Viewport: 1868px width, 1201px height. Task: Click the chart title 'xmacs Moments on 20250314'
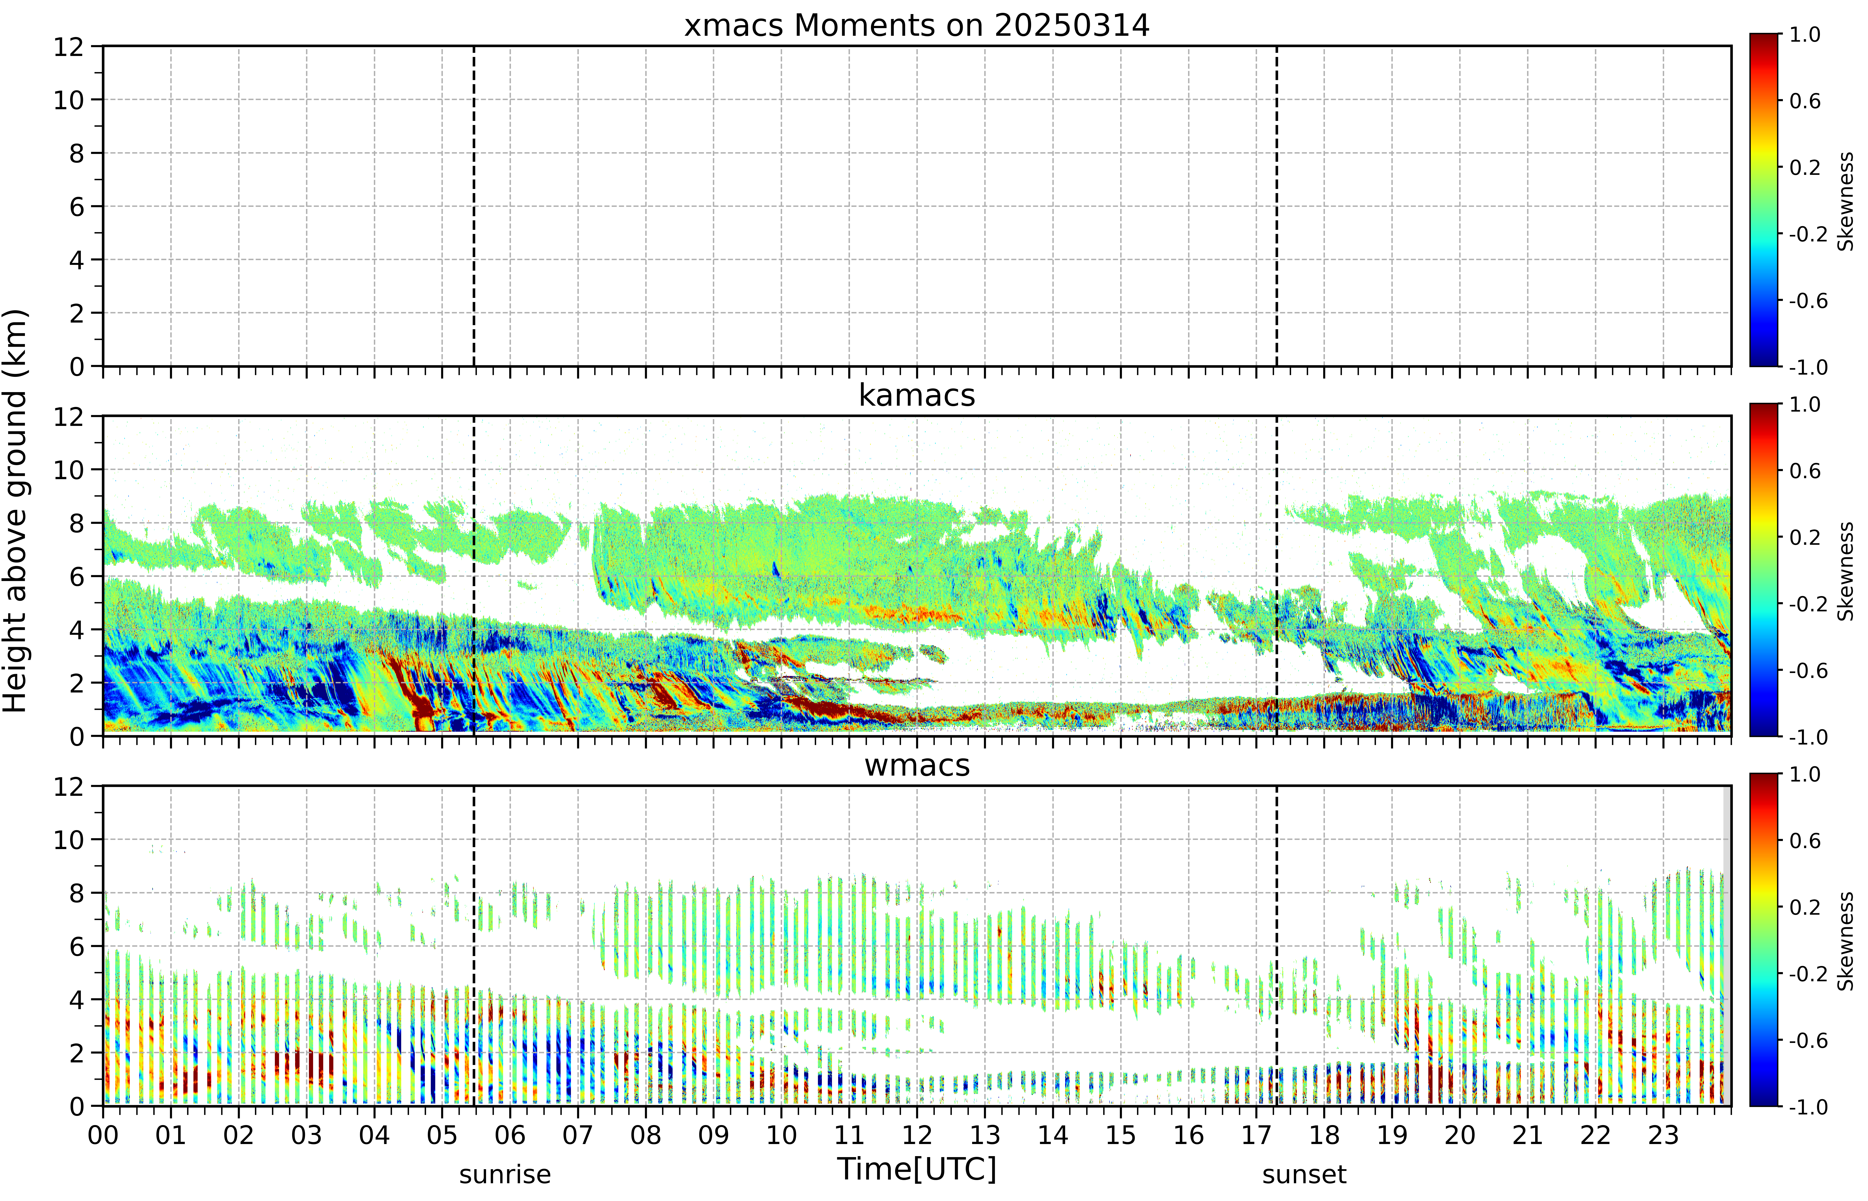[x=917, y=26]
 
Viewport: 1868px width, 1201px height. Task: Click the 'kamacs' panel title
[x=917, y=395]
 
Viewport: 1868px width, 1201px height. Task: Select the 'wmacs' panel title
[x=917, y=765]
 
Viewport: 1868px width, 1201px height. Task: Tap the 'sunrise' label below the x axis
[x=505, y=1174]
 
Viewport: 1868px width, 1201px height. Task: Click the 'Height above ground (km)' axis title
[x=16, y=511]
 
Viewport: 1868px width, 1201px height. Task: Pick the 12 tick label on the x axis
[x=917, y=1135]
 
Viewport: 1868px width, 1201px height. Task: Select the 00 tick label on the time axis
[x=103, y=1135]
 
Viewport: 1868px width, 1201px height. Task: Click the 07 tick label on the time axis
[x=577, y=1135]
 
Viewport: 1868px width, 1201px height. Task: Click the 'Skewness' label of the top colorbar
[x=1845, y=201]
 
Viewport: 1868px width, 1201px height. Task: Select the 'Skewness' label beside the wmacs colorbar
[x=1845, y=941]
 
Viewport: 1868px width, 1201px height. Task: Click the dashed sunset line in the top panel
[x=1277, y=206]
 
